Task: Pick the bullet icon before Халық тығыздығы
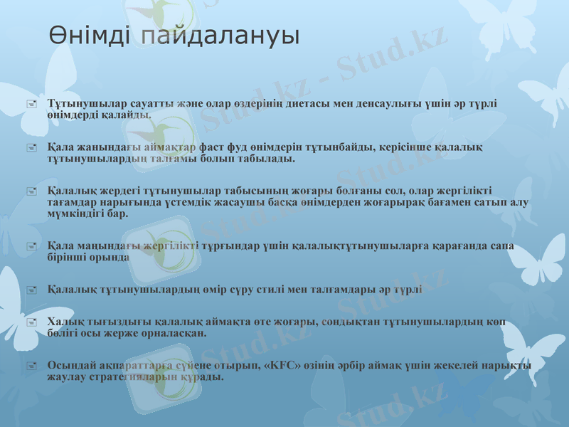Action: click(x=31, y=322)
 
